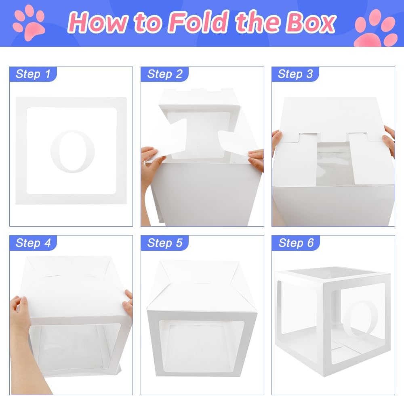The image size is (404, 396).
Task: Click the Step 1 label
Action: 33,74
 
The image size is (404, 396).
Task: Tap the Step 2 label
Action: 165,74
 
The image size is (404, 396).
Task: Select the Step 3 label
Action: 295,74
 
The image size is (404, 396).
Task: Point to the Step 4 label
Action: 33,243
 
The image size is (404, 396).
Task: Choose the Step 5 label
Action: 165,243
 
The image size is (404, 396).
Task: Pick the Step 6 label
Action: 296,243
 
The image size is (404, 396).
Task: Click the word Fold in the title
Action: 198,22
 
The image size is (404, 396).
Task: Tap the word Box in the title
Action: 311,23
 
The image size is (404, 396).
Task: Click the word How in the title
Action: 97,23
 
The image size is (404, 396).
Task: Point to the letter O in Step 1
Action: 72,151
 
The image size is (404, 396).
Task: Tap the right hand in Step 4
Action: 128,301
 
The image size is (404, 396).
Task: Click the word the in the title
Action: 257,22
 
